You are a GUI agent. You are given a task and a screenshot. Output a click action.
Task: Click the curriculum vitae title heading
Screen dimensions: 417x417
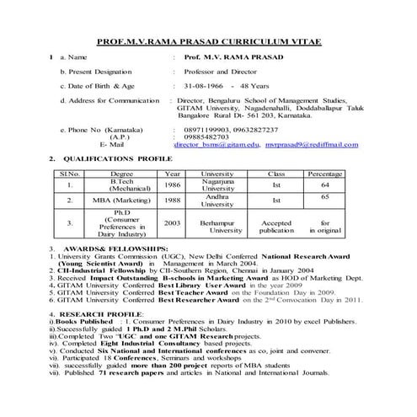(208, 40)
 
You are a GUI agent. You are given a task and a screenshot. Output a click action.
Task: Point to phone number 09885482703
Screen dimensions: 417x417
(203, 137)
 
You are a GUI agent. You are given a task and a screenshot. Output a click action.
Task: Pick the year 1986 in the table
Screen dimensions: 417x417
(173, 184)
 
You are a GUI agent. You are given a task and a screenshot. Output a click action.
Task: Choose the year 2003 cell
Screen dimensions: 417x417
(173, 223)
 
